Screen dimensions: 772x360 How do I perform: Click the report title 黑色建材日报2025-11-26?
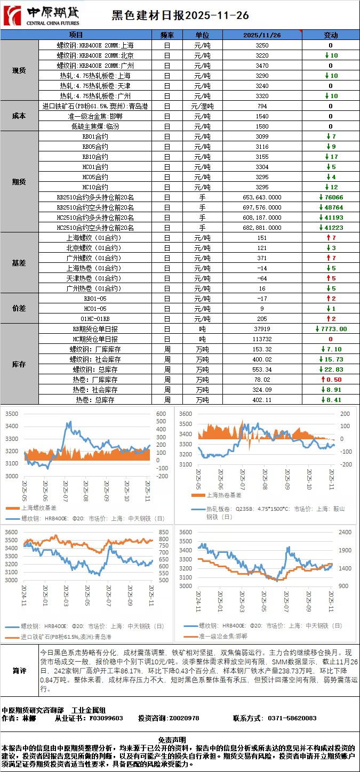point(180,16)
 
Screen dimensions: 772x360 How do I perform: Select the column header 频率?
point(167,35)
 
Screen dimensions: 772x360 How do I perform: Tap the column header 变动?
point(331,35)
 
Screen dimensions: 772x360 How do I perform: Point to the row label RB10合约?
point(95,157)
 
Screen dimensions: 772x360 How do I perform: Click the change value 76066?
point(331,197)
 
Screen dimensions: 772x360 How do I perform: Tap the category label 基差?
point(19,263)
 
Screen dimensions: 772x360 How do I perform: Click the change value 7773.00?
point(331,329)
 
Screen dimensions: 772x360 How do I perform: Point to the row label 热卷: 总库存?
point(95,400)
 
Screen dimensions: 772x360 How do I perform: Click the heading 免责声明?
point(179,739)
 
